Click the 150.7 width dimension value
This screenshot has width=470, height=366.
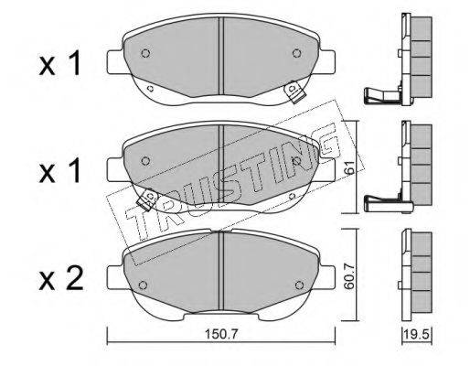tap(220, 335)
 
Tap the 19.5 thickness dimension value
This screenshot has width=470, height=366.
tap(417, 335)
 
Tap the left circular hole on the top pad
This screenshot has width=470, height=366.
tap(145, 53)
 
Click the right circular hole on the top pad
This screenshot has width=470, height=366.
tap(296, 53)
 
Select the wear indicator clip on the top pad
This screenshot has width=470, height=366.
tap(294, 91)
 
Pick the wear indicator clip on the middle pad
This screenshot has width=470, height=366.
tap(148, 199)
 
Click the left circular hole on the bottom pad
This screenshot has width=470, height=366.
tap(143, 285)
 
